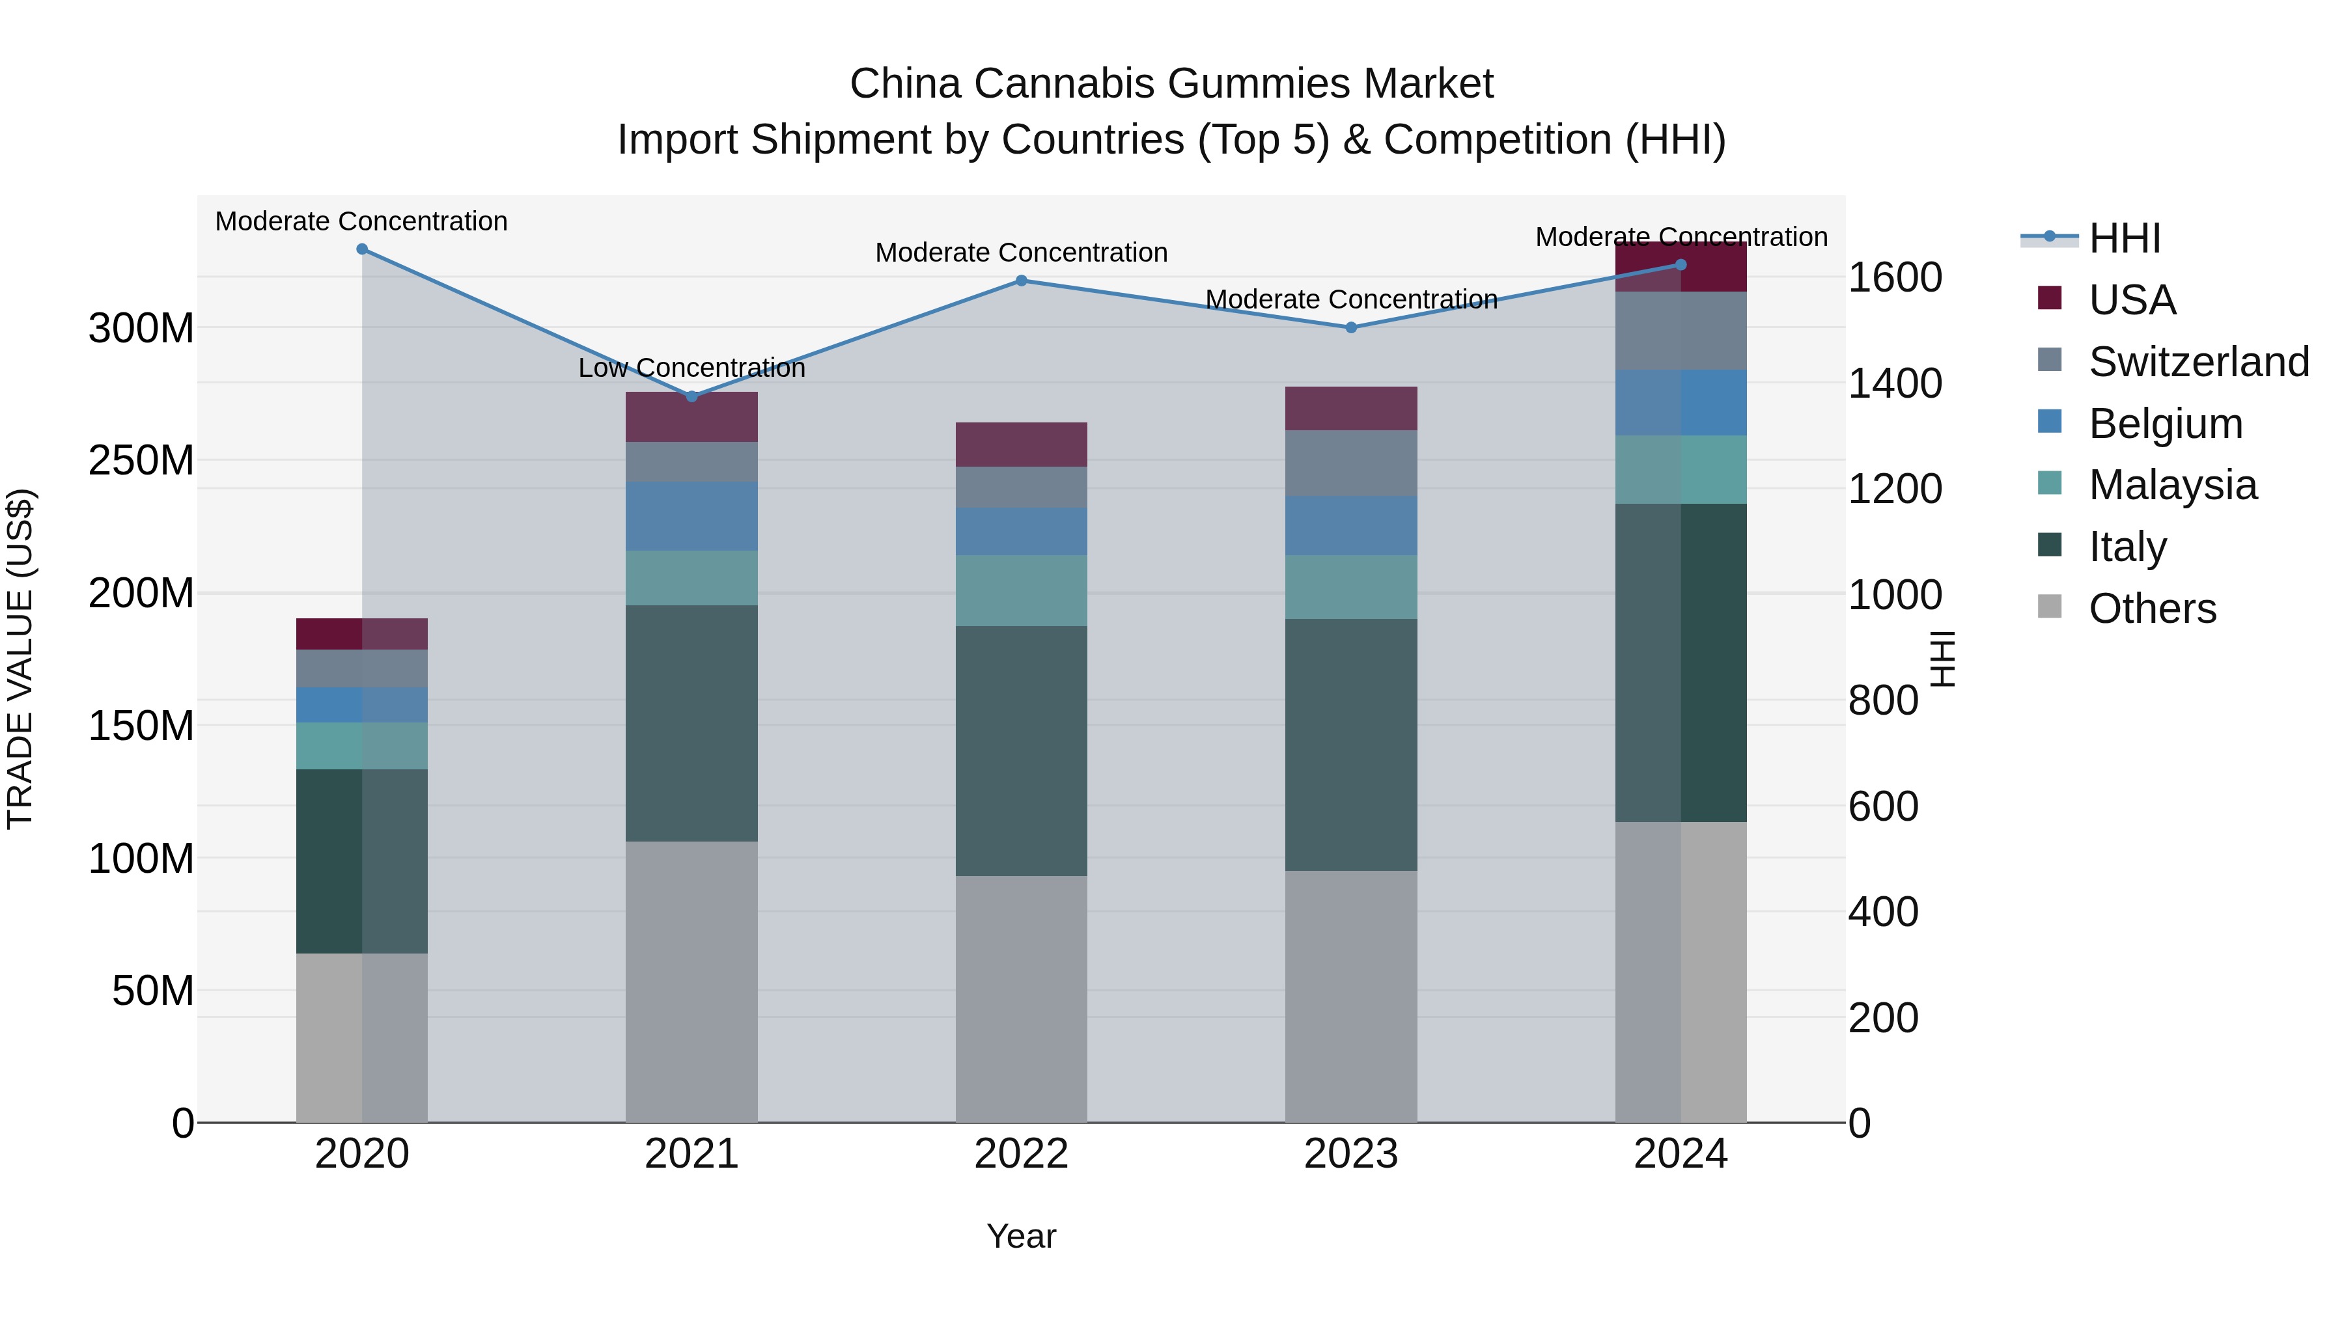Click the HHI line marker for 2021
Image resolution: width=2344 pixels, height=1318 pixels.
tap(691, 396)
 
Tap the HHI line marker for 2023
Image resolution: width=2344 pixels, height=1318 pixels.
tap(1350, 327)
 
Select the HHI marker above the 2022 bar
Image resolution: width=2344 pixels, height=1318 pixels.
tap(1021, 281)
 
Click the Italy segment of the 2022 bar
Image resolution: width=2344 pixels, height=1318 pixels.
tap(1021, 750)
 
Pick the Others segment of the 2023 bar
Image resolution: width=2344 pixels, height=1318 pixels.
tap(1350, 996)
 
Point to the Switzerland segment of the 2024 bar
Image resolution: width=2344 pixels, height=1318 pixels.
tap(1681, 331)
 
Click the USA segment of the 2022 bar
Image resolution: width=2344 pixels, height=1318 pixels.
tap(1021, 444)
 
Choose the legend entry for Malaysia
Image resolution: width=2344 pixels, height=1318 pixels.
tap(2172, 485)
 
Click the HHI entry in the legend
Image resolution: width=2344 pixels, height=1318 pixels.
tap(2124, 238)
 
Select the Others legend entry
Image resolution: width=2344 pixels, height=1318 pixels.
tap(2152, 609)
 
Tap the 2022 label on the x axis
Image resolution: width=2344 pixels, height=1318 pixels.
tap(1021, 1154)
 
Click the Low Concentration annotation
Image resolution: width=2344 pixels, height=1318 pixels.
tap(691, 368)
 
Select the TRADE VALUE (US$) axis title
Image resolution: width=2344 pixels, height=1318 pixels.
tap(21, 659)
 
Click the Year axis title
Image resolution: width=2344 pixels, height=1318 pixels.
tap(1021, 1236)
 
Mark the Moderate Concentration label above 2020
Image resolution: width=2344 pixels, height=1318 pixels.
tap(361, 221)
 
